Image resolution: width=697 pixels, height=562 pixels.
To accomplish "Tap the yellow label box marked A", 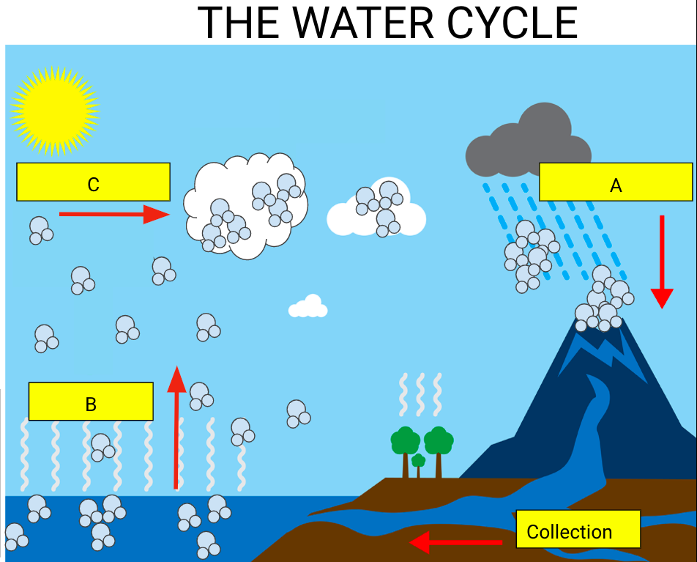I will tap(616, 182).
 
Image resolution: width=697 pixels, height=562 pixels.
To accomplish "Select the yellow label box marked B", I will tap(91, 402).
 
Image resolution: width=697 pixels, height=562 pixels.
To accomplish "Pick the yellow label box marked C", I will tap(93, 182).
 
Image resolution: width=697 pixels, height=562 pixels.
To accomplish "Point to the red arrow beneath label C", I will tap(113, 214).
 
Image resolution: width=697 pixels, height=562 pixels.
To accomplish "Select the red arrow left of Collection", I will tap(455, 542).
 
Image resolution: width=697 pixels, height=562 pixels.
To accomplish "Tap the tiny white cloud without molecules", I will tap(309, 307).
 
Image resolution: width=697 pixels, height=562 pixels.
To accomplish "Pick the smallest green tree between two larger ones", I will tap(418, 462).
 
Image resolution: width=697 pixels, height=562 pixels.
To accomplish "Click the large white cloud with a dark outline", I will tap(245, 205).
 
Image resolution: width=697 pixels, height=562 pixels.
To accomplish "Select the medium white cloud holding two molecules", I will tap(376, 209).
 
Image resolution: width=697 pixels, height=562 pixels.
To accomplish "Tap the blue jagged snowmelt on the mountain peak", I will tap(602, 352).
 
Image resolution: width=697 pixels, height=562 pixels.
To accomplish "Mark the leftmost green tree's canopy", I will tap(405, 440).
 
